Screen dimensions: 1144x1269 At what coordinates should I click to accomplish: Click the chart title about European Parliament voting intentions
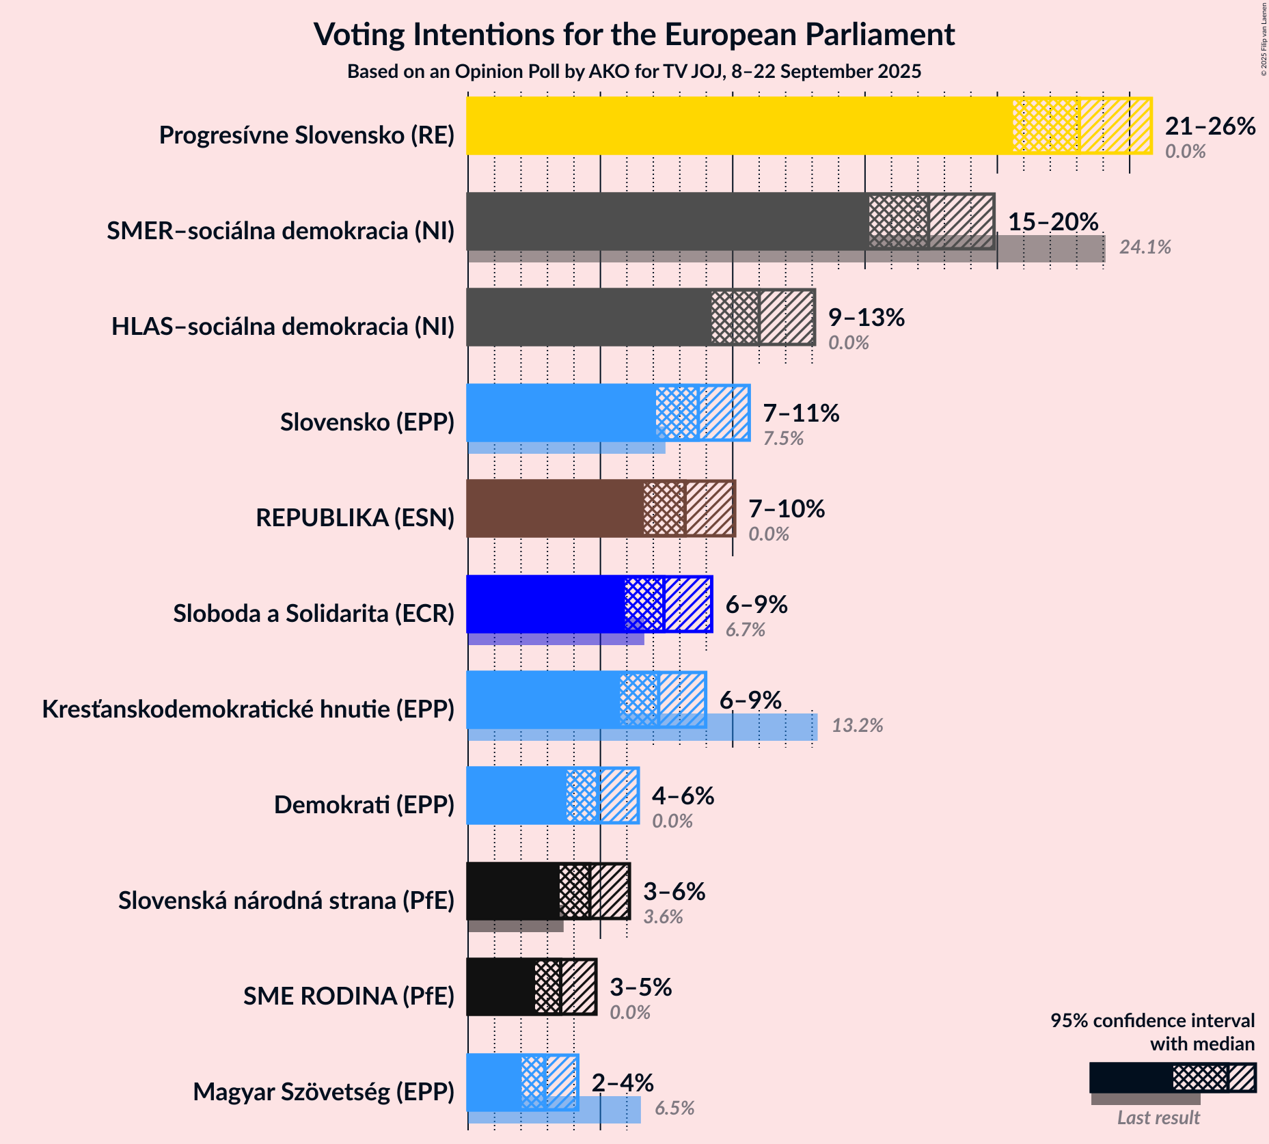click(633, 34)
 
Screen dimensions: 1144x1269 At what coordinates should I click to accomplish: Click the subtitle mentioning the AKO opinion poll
click(633, 72)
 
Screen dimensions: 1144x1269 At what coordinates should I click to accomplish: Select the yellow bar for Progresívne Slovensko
click(738, 126)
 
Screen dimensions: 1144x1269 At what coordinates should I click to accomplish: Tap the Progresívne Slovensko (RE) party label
click(307, 135)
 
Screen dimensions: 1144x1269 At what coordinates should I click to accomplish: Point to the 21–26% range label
click(1210, 126)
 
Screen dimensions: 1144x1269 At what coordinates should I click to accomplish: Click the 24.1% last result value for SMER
click(1145, 247)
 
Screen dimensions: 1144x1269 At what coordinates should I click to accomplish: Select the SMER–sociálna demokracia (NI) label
click(280, 231)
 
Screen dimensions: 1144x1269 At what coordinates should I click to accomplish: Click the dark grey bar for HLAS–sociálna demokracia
click(588, 317)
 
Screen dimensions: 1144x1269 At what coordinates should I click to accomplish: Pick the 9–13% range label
click(866, 317)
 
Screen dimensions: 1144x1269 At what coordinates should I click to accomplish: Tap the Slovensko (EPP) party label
click(367, 422)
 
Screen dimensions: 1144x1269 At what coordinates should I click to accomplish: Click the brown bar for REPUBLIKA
click(554, 508)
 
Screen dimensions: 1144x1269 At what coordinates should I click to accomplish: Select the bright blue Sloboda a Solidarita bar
click(545, 604)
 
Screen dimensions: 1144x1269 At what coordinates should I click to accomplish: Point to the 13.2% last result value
click(857, 726)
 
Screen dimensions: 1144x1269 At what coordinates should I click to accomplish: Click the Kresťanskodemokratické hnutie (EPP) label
click(248, 709)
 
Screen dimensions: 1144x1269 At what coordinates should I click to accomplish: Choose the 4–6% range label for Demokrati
click(683, 795)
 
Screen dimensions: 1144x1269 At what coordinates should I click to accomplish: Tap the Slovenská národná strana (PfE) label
click(286, 901)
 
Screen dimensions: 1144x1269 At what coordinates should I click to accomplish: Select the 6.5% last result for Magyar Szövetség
click(674, 1108)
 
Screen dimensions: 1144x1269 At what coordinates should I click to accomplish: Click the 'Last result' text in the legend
click(1158, 1118)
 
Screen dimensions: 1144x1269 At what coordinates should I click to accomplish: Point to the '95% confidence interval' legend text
click(1152, 1021)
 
